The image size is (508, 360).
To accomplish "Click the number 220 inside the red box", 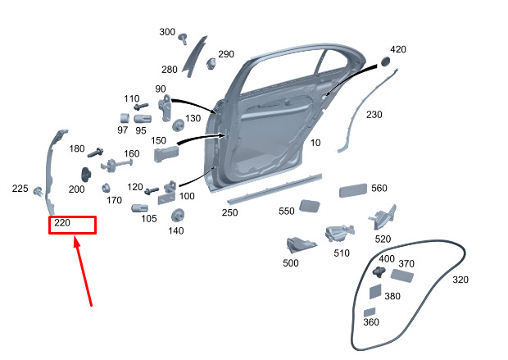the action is click(62, 223).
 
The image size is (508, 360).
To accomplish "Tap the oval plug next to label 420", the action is click(385, 62).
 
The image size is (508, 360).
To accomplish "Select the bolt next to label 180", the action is click(96, 153).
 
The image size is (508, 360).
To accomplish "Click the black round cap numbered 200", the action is click(86, 175).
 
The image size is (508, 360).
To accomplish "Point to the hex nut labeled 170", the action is click(105, 188).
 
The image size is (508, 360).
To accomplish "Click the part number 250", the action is click(229, 212).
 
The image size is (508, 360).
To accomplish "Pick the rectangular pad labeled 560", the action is click(353, 190).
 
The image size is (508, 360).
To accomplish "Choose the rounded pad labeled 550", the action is click(310, 206).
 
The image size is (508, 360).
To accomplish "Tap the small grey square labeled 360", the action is click(370, 312).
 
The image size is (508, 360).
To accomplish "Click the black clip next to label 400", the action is click(379, 271).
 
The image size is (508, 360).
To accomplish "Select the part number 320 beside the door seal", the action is click(460, 280).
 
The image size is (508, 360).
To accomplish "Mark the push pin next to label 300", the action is click(184, 39).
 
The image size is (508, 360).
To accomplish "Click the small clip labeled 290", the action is click(211, 63).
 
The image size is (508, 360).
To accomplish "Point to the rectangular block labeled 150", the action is click(166, 154).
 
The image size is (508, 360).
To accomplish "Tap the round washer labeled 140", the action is click(177, 216).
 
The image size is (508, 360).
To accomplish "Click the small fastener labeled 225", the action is click(39, 191).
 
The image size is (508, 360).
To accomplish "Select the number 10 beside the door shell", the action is click(315, 143).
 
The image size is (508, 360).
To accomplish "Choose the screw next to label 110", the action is click(141, 107).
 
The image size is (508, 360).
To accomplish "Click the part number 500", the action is click(291, 262).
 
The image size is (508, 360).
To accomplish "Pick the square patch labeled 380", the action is click(375, 291).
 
